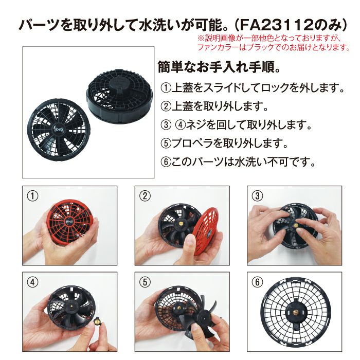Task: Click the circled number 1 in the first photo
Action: tap(32, 196)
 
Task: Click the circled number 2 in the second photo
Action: tap(145, 196)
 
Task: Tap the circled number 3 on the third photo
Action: tap(257, 196)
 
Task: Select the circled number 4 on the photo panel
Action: tap(32, 282)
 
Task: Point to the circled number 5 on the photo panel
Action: tap(145, 282)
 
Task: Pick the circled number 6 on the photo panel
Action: tap(257, 282)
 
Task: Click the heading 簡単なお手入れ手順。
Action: tap(219, 67)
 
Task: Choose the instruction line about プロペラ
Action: tap(224, 143)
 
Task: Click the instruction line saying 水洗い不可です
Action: tap(238, 162)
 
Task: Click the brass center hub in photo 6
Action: tap(295, 312)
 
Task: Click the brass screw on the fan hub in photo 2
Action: tap(180, 223)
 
